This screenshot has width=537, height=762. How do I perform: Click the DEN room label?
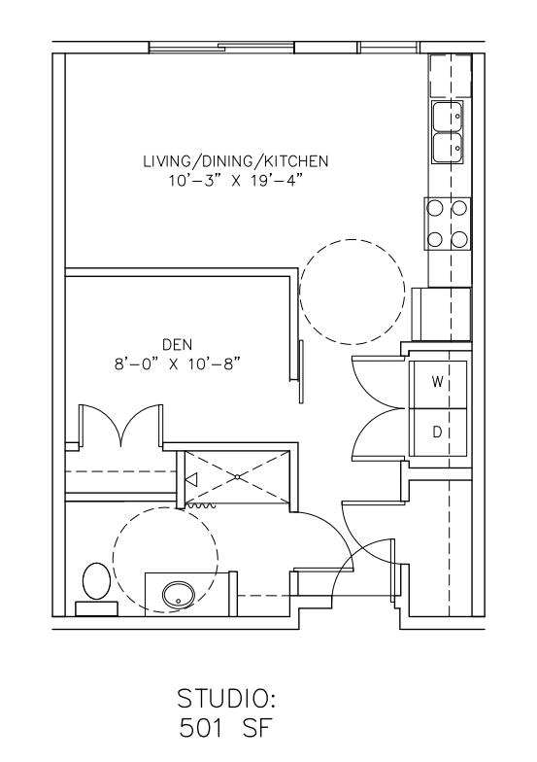coord(177,344)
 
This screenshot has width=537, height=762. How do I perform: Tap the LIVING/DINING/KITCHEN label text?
coord(235,161)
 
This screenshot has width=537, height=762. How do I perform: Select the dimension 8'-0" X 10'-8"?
coord(177,364)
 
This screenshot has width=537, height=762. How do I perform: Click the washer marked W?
coord(438,384)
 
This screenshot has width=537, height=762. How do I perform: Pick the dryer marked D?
coord(438,432)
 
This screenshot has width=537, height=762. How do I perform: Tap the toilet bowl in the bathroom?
coord(96,581)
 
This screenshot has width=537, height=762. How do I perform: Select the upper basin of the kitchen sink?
coord(448,117)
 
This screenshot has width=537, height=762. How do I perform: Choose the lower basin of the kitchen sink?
coord(448,148)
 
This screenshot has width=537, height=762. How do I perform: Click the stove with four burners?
coord(447,224)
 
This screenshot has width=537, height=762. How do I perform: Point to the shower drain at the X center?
coord(237,477)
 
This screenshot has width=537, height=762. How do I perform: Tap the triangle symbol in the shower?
coord(191,479)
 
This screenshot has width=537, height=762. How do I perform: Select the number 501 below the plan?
coord(202,728)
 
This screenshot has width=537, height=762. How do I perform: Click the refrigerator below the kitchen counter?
coord(441,314)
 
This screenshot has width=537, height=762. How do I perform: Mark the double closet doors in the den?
coord(120,424)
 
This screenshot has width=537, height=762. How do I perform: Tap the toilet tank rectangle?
coord(97,608)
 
